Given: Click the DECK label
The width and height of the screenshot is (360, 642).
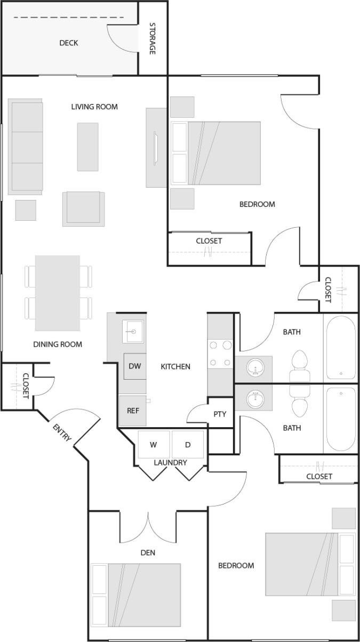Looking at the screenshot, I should coord(68,43).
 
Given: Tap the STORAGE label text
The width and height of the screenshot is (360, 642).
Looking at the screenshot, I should coord(153,38).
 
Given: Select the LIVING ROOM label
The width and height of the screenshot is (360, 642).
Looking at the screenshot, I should coord(94,107).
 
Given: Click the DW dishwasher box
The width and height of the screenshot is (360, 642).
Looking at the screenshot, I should coord(134,366).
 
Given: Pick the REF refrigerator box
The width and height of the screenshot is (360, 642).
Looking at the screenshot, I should coord(133,411).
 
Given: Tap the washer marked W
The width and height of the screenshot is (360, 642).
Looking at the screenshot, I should coord(154,445).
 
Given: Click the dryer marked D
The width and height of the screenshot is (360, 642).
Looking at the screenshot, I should coord(188,445).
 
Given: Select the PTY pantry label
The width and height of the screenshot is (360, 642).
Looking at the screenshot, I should coord(220,414).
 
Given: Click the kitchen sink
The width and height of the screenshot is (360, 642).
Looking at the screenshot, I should coord(131,333).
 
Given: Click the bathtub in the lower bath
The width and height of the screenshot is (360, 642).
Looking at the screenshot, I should coord(340,419).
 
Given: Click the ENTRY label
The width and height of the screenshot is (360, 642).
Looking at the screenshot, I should coord(62,431).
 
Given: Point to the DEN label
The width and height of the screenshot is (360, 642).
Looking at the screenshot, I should coord(148,552).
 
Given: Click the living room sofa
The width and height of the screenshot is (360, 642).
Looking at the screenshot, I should coord(26,147).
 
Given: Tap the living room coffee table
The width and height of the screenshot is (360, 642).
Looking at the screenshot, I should coord(87,147).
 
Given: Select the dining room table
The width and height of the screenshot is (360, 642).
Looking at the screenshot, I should coord(58,293).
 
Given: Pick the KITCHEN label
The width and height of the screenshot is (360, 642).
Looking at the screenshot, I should coord(175,366).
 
